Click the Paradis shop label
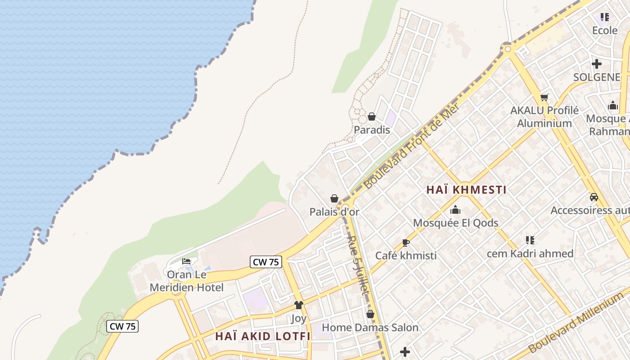tap(372, 130)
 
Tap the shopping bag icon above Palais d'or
tap(334, 198)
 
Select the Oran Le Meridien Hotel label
tap(186, 281)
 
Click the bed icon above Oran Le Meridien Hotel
tap(186, 261)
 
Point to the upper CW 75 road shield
tap(265, 262)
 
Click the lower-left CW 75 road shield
tap(122, 326)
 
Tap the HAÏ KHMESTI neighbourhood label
tap(466, 190)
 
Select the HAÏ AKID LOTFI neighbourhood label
tap(263, 336)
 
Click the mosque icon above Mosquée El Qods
tap(455, 210)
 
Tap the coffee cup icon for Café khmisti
tap(405, 243)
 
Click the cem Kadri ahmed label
tap(530, 253)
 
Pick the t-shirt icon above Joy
tap(298, 305)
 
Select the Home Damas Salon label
tap(370, 328)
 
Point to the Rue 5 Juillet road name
tap(359, 265)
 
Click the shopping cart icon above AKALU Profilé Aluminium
tap(544, 97)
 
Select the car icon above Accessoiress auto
tap(594, 197)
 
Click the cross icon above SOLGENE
tap(597, 64)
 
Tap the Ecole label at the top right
tap(604, 31)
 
